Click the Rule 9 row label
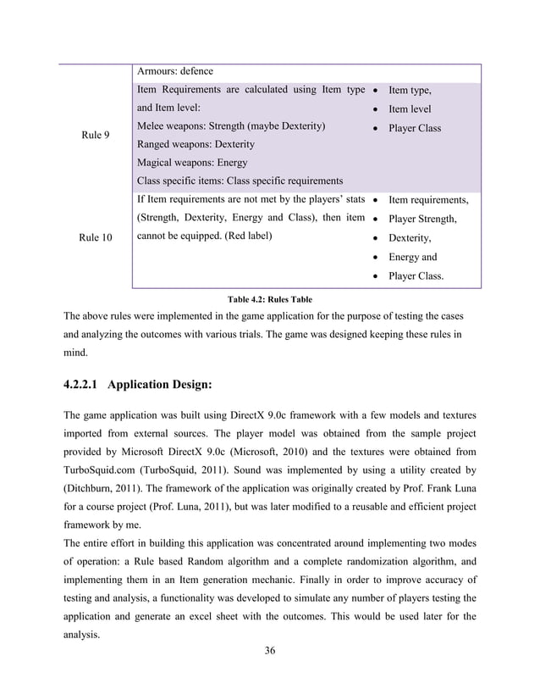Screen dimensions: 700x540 [94, 135]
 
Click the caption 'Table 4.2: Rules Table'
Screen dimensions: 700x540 [270, 298]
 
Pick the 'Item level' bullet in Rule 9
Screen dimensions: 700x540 [409, 109]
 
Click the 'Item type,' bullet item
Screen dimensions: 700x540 [410, 90]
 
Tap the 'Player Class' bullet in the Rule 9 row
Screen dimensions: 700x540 [415, 129]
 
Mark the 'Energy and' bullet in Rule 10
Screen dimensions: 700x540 [412, 257]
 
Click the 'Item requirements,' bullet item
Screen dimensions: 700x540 [427, 201]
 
